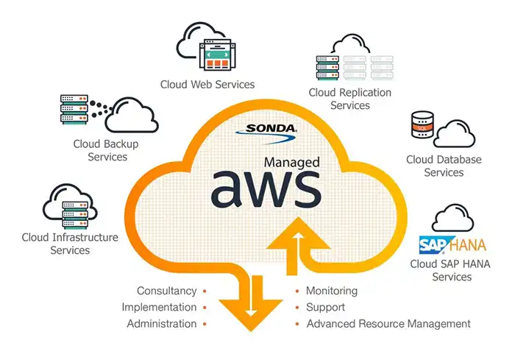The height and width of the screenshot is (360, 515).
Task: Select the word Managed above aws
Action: tap(292, 161)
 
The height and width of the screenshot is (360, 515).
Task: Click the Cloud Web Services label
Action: tap(207, 84)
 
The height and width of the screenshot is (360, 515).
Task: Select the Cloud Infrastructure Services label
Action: tap(70, 244)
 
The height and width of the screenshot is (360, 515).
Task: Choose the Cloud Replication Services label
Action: tap(349, 99)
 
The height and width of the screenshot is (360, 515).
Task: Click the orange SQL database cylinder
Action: tap(422, 126)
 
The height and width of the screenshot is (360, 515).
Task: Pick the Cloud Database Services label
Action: tap(444, 166)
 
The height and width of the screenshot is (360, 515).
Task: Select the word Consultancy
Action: tap(166, 291)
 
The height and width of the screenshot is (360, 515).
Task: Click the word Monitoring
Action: tap(331, 291)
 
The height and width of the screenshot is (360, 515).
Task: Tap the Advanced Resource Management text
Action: tap(388, 323)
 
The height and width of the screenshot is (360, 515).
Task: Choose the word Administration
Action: tap(162, 323)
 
